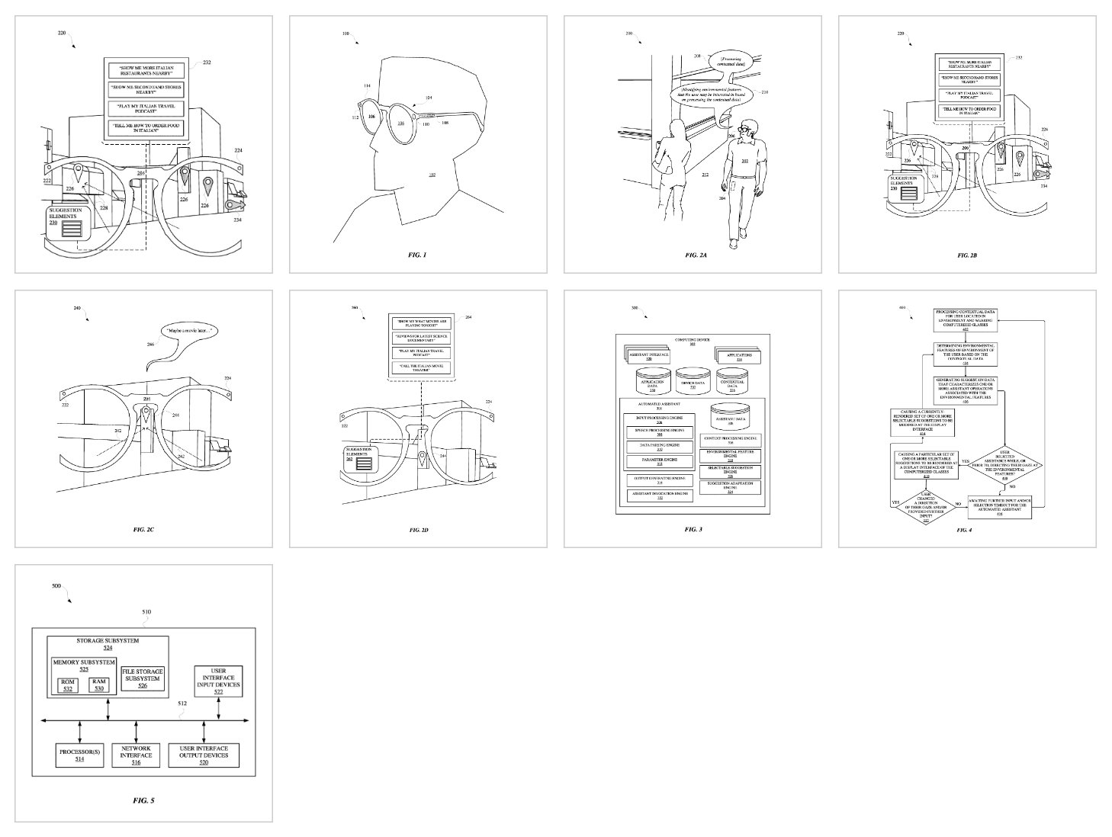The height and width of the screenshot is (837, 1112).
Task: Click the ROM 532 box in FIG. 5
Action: click(69, 685)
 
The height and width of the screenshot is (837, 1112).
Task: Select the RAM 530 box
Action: click(98, 685)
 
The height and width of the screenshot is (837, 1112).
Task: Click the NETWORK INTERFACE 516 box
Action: click(136, 755)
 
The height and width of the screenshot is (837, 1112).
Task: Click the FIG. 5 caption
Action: click(143, 800)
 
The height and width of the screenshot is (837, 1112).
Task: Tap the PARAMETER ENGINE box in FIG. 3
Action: click(659, 460)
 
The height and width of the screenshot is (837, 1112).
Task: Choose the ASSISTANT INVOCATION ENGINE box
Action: click(659, 495)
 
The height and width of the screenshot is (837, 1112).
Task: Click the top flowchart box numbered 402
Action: click(964, 318)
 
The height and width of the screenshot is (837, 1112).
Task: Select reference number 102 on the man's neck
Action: click(431, 175)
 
